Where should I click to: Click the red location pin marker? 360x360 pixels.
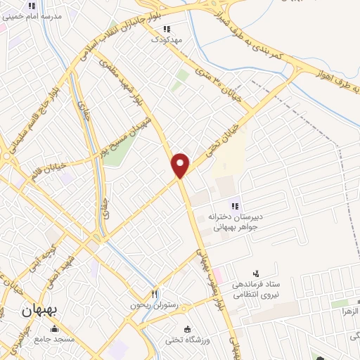tap(181, 165)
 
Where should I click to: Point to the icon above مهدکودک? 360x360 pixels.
tap(167, 29)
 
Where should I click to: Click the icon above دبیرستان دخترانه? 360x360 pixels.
tap(236, 206)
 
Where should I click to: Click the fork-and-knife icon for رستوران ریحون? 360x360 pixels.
tap(155, 295)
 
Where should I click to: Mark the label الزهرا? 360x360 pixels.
tap(349, 310)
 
